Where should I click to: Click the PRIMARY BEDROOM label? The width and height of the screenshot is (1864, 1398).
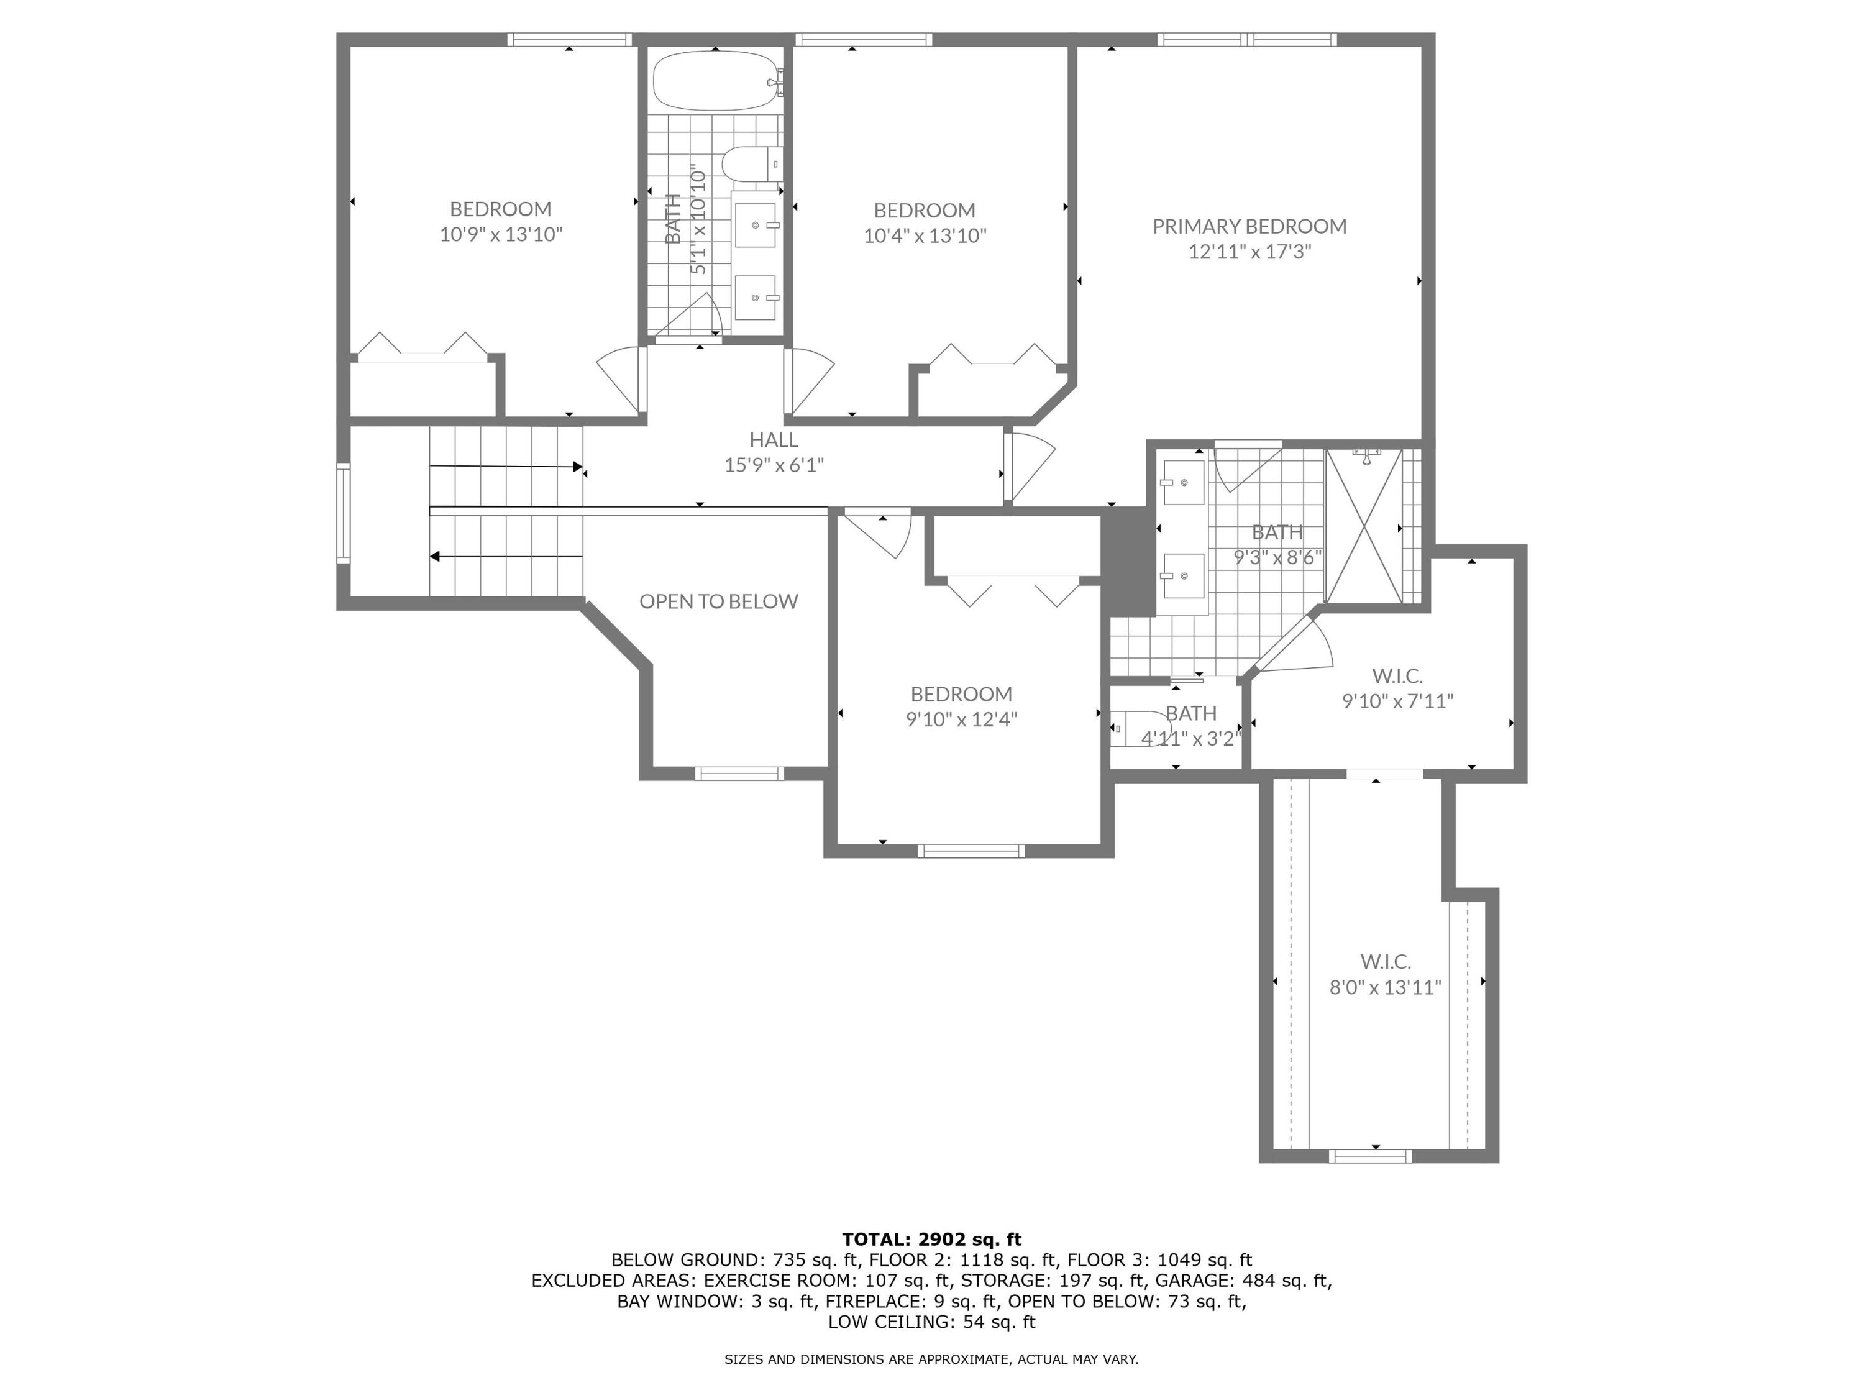(1249, 226)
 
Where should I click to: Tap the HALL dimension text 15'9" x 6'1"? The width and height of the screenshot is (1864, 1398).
(774, 465)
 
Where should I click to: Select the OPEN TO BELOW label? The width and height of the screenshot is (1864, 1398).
(718, 601)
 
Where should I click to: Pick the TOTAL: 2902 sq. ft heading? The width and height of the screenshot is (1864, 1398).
(931, 1239)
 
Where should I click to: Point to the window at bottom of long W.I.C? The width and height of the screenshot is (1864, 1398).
(1369, 1155)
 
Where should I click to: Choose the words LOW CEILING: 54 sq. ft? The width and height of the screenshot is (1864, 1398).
(931, 1322)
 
